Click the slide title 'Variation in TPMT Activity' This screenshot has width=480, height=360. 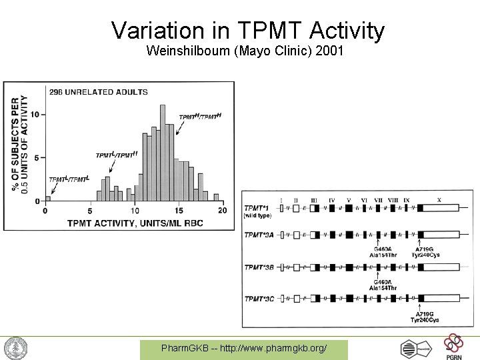tap(247, 30)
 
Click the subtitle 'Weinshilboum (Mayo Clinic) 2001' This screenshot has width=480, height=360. tap(245, 51)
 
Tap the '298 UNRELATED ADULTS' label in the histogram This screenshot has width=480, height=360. tap(97, 91)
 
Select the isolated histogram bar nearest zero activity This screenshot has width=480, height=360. tap(47, 198)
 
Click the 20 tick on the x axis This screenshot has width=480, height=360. tap(222, 211)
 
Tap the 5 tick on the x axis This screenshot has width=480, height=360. tap(90, 211)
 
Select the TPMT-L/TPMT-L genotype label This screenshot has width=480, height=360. tap(69, 179)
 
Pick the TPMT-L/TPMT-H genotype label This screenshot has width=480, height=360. tap(116, 155)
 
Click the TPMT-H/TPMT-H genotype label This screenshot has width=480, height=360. tap(199, 117)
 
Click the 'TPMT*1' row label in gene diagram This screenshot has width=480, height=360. tap(257, 208)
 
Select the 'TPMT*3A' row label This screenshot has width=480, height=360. tap(259, 235)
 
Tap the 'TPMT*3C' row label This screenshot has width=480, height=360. tap(259, 298)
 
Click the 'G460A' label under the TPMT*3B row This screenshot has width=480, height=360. tap(383, 282)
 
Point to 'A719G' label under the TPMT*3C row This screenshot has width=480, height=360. tap(423, 313)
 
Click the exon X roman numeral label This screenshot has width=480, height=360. tap(438, 199)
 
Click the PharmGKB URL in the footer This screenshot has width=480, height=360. tap(244, 349)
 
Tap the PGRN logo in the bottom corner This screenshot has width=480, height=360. tap(453, 346)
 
